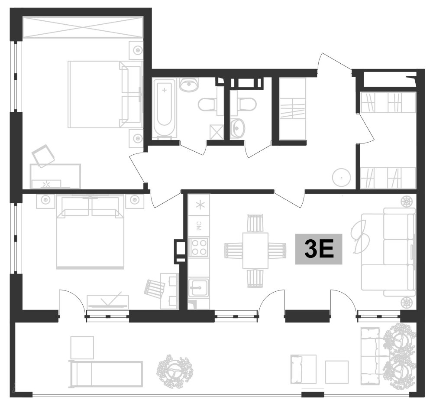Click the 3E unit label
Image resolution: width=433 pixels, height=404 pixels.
[x=319, y=250]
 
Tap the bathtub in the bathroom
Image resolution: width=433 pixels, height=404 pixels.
[x=164, y=108]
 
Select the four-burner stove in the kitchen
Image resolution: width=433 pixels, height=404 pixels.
[x=199, y=248]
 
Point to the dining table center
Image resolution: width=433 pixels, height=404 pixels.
[x=255, y=250]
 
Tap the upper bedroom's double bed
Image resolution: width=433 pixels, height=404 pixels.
[x=104, y=94]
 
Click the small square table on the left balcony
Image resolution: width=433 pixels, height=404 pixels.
[x=82, y=347]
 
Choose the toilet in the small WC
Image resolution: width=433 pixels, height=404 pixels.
[x=245, y=104]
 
